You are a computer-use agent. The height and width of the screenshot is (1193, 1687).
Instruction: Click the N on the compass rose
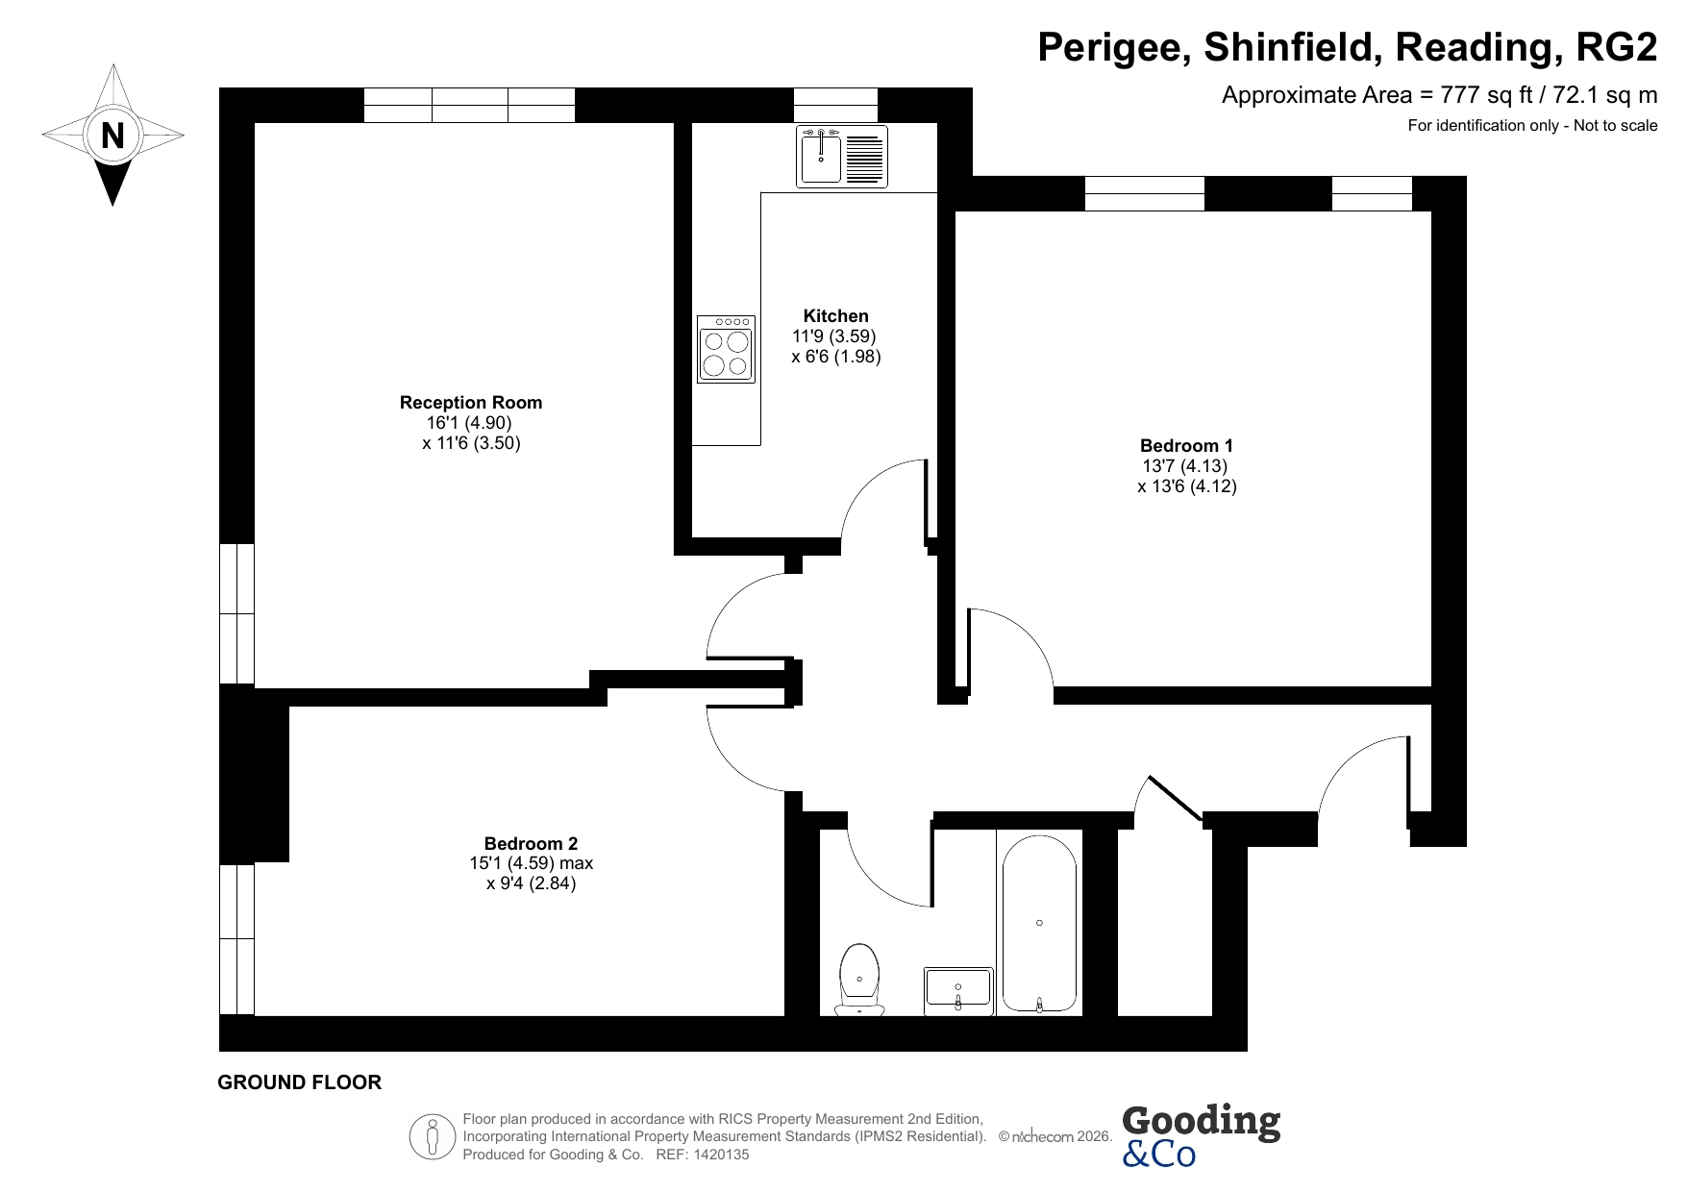click(x=113, y=136)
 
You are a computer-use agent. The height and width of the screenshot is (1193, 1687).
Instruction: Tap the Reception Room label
click(x=471, y=403)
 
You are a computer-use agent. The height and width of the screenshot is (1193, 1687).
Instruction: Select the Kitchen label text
click(x=836, y=316)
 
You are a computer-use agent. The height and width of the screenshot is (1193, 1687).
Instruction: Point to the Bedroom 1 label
click(x=1186, y=446)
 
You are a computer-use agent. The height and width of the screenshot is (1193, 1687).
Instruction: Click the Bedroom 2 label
click(x=531, y=844)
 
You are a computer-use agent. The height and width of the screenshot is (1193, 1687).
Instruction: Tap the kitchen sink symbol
click(x=842, y=157)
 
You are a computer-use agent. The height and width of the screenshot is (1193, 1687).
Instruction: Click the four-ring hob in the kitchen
click(x=727, y=349)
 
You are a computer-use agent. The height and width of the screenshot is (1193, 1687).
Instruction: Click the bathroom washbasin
click(x=958, y=991)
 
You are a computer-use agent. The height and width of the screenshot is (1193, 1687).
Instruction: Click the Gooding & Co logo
click(x=1201, y=1135)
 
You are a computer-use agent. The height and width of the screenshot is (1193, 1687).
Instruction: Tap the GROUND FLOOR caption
click(x=300, y=1082)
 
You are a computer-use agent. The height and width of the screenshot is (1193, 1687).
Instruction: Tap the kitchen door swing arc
click(x=870, y=481)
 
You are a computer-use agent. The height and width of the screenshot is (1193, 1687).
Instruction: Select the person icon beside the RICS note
click(x=433, y=1137)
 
